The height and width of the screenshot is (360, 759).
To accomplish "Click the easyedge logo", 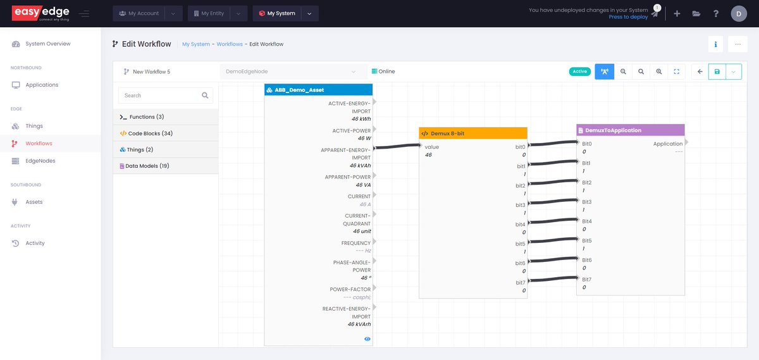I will [x=40, y=13].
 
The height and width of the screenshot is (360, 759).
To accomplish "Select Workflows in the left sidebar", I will [x=39, y=144].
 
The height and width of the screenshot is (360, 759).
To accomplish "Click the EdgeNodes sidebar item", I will [x=40, y=161].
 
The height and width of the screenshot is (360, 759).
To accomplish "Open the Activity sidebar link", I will [x=35, y=243].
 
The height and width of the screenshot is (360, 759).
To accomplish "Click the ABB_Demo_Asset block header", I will [x=318, y=90].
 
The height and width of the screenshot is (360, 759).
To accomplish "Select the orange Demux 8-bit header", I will [x=472, y=133].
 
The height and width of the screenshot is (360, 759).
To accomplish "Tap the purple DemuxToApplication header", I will [x=630, y=130].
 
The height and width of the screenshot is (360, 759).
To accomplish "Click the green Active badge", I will [x=579, y=71].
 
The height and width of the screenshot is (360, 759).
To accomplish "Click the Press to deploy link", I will [x=628, y=17].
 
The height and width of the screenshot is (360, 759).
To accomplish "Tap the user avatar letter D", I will [x=738, y=13].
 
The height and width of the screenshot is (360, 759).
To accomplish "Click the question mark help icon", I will [x=715, y=13].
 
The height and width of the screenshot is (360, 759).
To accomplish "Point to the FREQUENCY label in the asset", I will [x=355, y=243].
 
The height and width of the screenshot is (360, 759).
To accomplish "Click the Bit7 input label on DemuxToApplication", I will [x=587, y=279].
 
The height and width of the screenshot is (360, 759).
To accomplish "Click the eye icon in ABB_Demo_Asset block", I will [x=367, y=339].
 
